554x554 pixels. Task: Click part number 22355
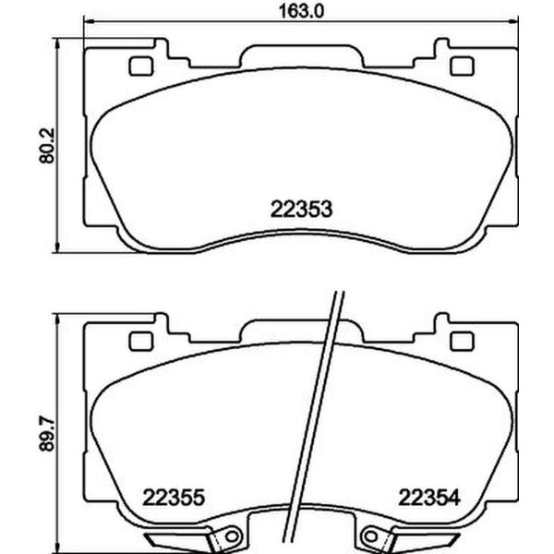173,497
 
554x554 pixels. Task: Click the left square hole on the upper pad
142,66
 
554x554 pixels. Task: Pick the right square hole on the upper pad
459,66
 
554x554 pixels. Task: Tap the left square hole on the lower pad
142,343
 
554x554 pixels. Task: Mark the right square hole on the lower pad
459,343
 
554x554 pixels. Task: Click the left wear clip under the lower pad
194,539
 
